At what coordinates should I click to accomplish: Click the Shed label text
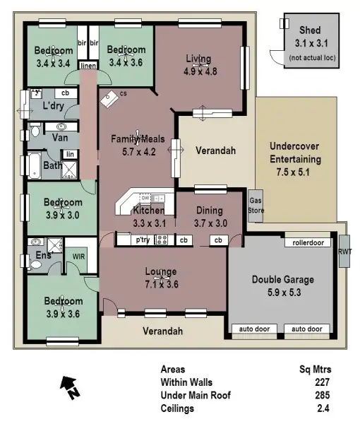coord(310,30)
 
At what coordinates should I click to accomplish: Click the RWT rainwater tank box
coord(344,252)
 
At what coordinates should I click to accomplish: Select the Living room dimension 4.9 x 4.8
coord(200,71)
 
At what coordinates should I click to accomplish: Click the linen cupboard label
coord(88,66)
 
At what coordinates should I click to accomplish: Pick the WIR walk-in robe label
coord(78,257)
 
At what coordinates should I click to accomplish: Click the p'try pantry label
coord(143,240)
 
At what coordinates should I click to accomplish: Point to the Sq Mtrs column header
coord(316,370)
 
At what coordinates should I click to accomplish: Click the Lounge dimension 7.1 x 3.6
coord(160,284)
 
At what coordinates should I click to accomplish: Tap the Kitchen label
coord(148,211)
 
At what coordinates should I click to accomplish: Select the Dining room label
coord(209,211)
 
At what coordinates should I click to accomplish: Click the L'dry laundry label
coord(54,105)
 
